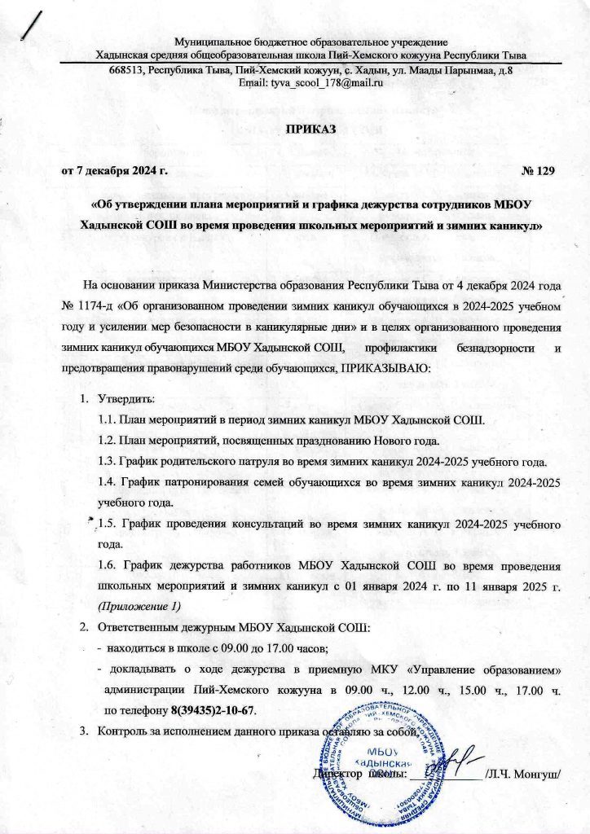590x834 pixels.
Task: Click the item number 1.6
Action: pyautogui.click(x=107, y=564)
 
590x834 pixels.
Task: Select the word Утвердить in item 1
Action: pyautogui.click(x=120, y=400)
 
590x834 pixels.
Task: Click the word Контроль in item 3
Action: pyautogui.click(x=121, y=730)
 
